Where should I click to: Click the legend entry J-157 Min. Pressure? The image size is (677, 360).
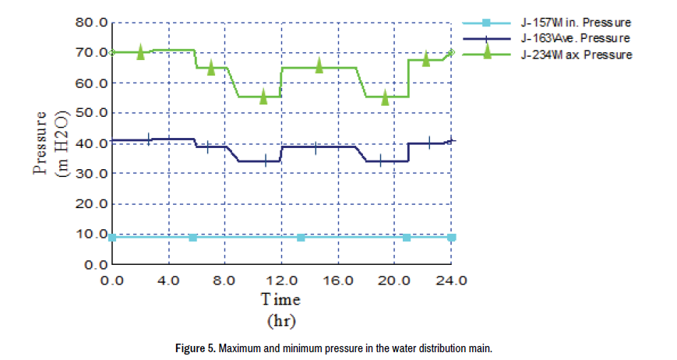[576, 22]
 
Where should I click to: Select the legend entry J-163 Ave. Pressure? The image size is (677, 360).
[576, 37]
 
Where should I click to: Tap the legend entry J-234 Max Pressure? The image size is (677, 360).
[576, 55]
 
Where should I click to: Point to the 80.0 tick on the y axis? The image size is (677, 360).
[91, 22]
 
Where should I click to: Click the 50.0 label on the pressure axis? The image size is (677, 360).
[91, 113]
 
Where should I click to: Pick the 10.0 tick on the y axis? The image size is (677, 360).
[91, 234]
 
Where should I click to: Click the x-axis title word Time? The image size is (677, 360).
[280, 299]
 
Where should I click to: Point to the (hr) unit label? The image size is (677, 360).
[280, 319]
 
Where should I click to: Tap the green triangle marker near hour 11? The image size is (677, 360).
[263, 96]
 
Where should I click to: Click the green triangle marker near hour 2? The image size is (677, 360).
[141, 51]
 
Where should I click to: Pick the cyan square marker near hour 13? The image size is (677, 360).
[301, 237]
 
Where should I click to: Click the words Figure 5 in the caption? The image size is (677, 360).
[194, 348]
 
